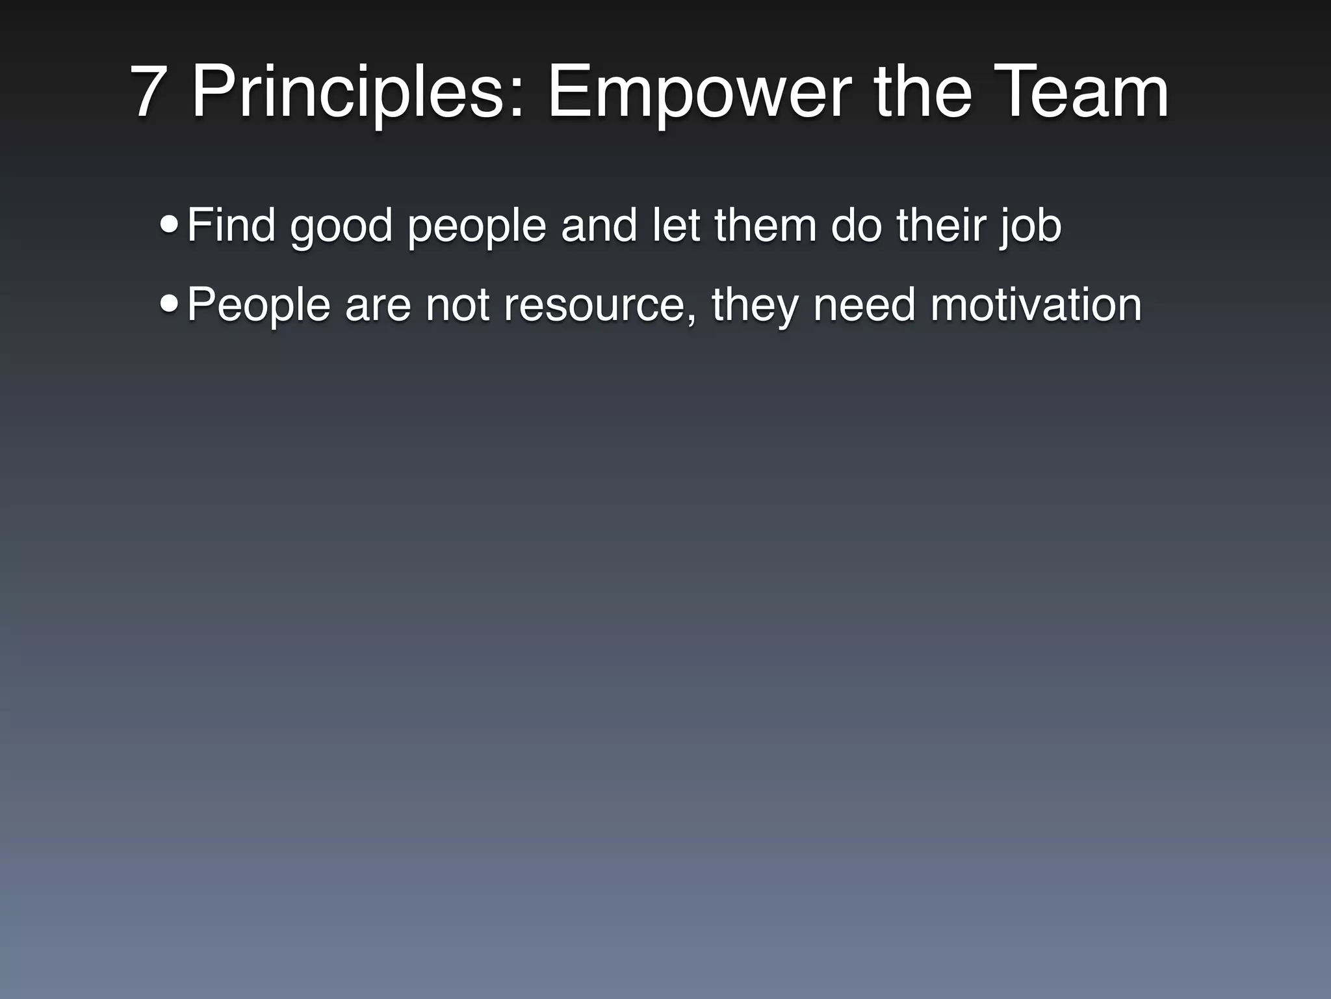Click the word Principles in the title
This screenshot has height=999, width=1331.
pyautogui.click(x=357, y=92)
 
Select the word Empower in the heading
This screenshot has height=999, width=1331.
pyautogui.click(x=699, y=92)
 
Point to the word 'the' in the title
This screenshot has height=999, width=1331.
pyautogui.click(x=923, y=92)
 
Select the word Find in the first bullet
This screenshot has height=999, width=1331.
pyautogui.click(x=231, y=225)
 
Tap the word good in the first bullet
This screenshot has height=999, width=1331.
pyautogui.click(x=341, y=228)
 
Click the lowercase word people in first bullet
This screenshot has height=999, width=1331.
pyautogui.click(x=476, y=228)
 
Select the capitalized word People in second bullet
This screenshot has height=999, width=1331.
pyautogui.click(x=259, y=306)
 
